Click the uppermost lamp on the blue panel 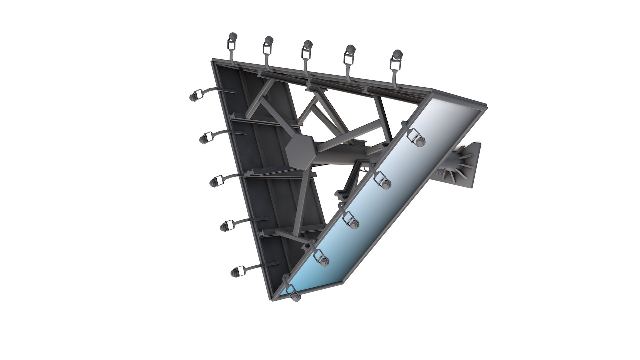click(x=419, y=142)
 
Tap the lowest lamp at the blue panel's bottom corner click(x=295, y=296)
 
